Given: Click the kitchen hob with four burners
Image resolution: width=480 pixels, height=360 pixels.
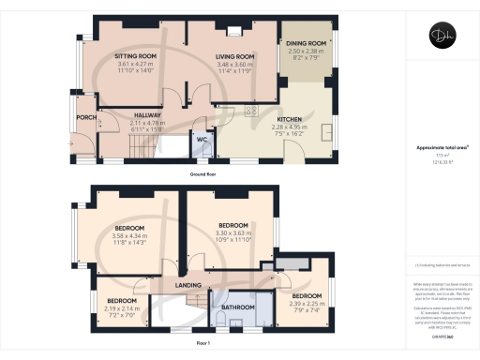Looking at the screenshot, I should (252, 112).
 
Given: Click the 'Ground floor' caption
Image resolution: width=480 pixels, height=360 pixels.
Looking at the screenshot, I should (204, 174).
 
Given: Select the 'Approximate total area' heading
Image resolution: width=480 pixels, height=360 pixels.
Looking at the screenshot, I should (441, 148).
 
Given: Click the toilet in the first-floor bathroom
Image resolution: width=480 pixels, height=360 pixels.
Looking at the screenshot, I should (217, 322).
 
